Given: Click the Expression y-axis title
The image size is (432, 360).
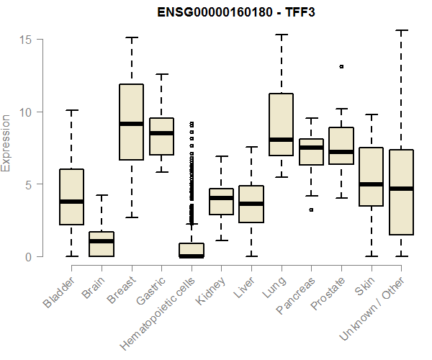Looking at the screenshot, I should tap(6, 143).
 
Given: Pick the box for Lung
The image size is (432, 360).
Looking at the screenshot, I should tap(281, 125).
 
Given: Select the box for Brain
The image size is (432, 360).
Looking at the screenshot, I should tap(102, 244).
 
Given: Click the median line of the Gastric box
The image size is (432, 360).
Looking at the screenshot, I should tap(161, 133).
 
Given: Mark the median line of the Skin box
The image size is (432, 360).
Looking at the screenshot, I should tap(371, 184).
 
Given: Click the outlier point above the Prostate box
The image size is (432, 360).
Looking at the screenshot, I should tap(341, 66).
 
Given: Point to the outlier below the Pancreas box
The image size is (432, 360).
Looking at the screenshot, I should tap(311, 210).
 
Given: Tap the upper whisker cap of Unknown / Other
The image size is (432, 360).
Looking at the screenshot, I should tap(401, 30).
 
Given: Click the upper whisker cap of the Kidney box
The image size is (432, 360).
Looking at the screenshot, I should tap(221, 156).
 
